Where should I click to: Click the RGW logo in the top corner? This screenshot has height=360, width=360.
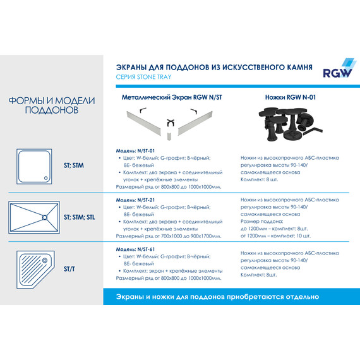[338, 69]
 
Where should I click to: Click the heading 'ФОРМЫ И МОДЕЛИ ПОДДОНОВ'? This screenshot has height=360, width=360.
[52, 105]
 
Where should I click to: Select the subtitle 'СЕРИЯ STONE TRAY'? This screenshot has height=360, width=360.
[144, 77]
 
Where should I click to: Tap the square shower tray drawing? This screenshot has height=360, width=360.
[35, 165]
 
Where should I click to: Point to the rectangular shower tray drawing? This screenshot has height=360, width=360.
[35, 217]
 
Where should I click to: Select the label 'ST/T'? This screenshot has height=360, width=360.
[72, 269]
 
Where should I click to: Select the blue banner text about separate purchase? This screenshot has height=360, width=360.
[218, 296]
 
